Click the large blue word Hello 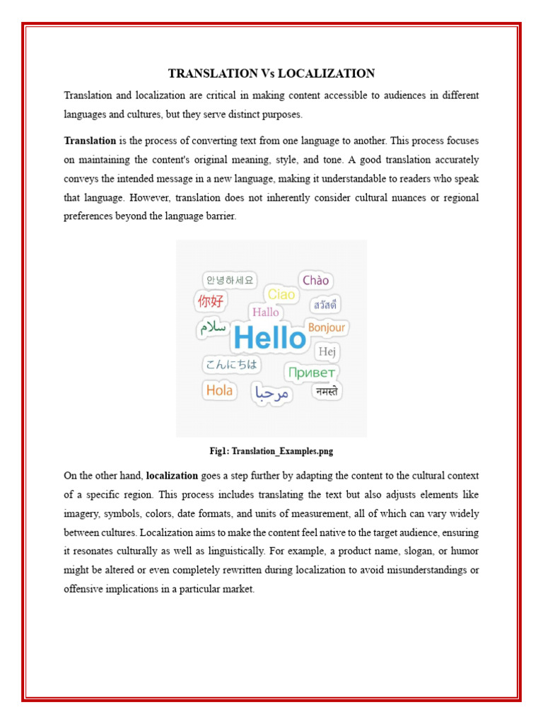269,338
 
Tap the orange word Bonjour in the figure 327,327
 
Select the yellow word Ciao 281,294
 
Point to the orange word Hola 219,390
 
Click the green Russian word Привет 311,372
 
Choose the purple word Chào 316,280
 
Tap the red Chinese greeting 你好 210,301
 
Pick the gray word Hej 327,351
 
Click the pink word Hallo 266,312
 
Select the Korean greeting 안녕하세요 228,279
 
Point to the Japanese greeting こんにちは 231,365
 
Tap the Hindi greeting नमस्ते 327,391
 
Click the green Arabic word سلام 213,327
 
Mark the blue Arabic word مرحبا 272,393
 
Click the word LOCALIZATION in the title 326,74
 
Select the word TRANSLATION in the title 213,74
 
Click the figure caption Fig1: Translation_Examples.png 271,450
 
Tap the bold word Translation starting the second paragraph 90,141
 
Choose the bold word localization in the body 172,476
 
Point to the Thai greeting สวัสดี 325,305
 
